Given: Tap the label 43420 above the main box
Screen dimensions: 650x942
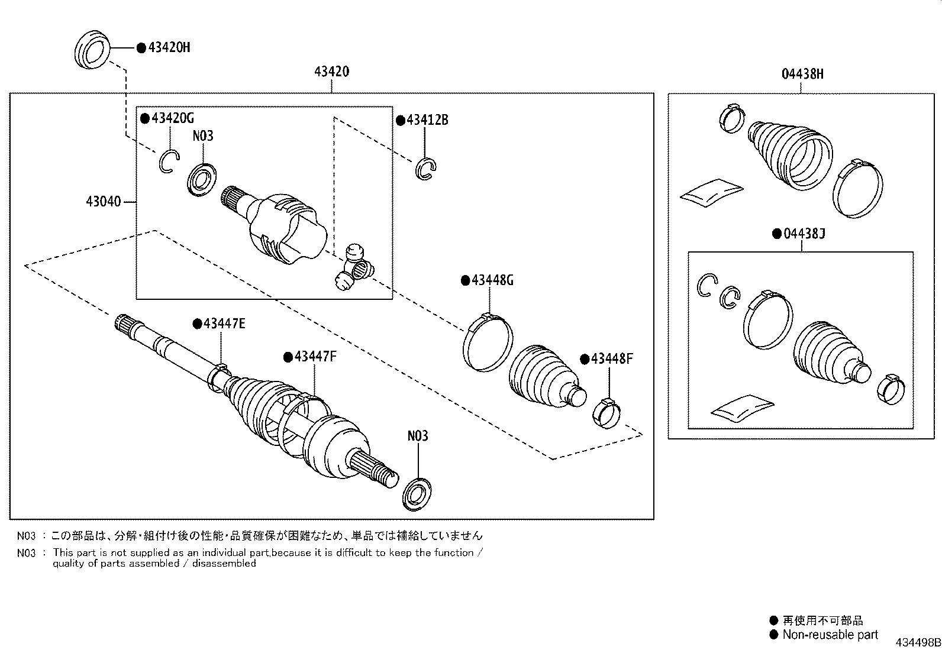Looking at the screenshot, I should tap(331, 72).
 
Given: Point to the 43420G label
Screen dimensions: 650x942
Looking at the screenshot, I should tap(172, 118).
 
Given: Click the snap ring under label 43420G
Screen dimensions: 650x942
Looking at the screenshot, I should tap(168, 161).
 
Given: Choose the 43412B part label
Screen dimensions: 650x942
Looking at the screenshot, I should tap(427, 120).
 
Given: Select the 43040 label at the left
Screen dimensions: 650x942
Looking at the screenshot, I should tap(103, 202).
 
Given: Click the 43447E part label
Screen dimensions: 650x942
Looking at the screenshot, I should tap(224, 324).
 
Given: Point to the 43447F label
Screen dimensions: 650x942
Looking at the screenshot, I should tap(315, 357).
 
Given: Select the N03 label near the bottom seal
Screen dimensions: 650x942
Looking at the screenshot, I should tap(417, 436).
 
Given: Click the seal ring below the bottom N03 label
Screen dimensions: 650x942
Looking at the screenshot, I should tap(417, 493).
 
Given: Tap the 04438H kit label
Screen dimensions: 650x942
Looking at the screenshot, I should tap(802, 74).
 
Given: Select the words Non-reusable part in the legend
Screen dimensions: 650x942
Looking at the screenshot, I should tap(830, 635).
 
